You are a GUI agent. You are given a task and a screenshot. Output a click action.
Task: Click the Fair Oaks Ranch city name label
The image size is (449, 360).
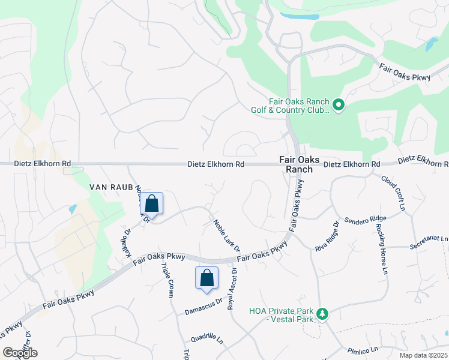point(296,164)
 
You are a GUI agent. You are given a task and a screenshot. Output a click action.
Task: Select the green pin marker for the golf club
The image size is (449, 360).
point(339,106)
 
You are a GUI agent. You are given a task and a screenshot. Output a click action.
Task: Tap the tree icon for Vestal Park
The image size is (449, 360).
point(322,314)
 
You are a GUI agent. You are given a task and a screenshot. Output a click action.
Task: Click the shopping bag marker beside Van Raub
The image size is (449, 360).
point(151,204)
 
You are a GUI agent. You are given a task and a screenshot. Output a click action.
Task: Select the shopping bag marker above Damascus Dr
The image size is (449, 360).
point(206,278)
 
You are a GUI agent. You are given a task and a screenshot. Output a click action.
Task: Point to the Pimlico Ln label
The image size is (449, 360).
point(362,350)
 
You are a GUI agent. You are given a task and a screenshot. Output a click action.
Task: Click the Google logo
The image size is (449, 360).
point(20,353)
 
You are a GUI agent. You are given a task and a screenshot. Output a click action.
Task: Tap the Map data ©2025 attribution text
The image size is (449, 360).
point(423,355)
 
